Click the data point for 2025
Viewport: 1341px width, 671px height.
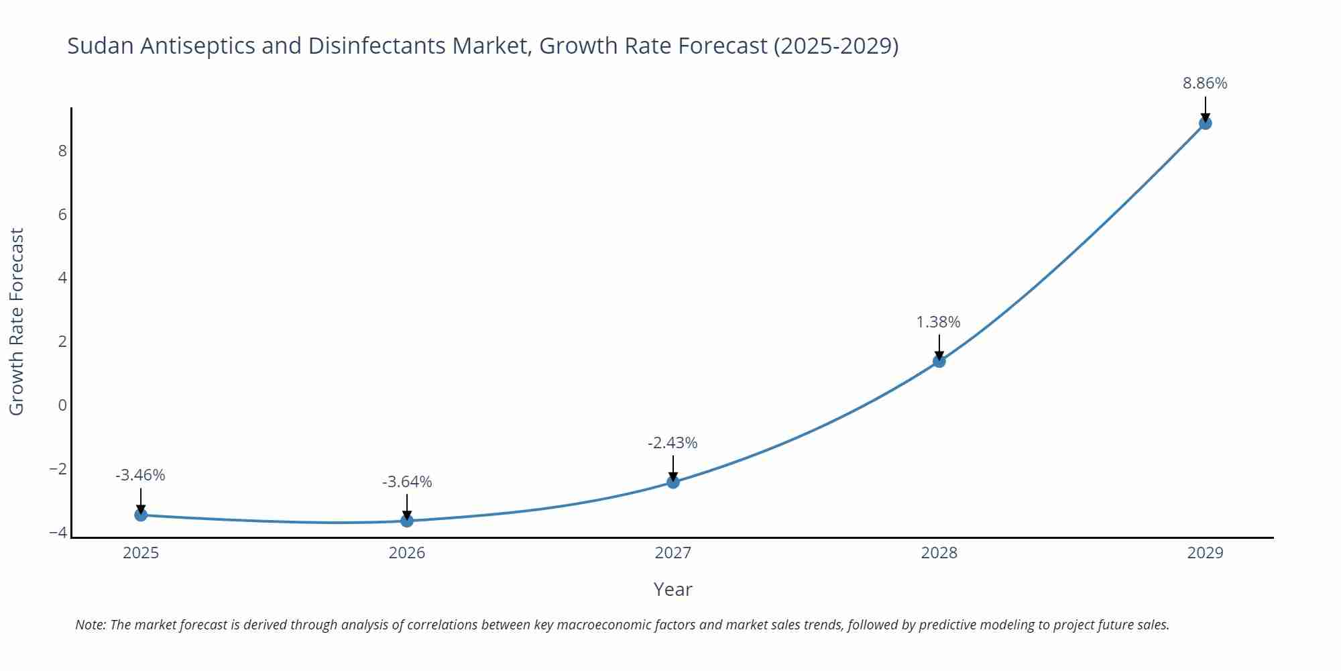tap(141, 515)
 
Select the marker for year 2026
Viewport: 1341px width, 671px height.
tap(407, 521)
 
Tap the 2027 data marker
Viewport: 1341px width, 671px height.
tap(673, 482)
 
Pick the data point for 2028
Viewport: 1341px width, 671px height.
tap(939, 361)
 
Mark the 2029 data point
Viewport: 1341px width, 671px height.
tap(1205, 123)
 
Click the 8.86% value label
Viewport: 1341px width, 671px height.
tap(1205, 83)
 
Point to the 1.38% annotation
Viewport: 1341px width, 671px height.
tap(938, 322)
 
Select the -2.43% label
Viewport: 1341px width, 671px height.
tap(673, 443)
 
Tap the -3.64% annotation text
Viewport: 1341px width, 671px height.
tap(407, 482)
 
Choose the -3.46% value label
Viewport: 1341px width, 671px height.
tap(140, 475)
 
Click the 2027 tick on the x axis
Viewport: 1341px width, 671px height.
tap(673, 553)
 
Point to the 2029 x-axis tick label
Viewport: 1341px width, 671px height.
tap(1205, 553)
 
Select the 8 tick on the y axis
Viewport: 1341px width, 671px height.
tap(62, 150)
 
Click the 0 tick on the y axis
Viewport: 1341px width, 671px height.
tap(62, 405)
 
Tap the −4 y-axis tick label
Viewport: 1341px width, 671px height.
tap(58, 533)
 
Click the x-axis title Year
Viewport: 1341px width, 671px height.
tap(673, 589)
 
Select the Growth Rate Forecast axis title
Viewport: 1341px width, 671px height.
tap(16, 321)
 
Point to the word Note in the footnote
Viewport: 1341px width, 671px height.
tap(90, 625)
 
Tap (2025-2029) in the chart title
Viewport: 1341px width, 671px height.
tap(835, 46)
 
